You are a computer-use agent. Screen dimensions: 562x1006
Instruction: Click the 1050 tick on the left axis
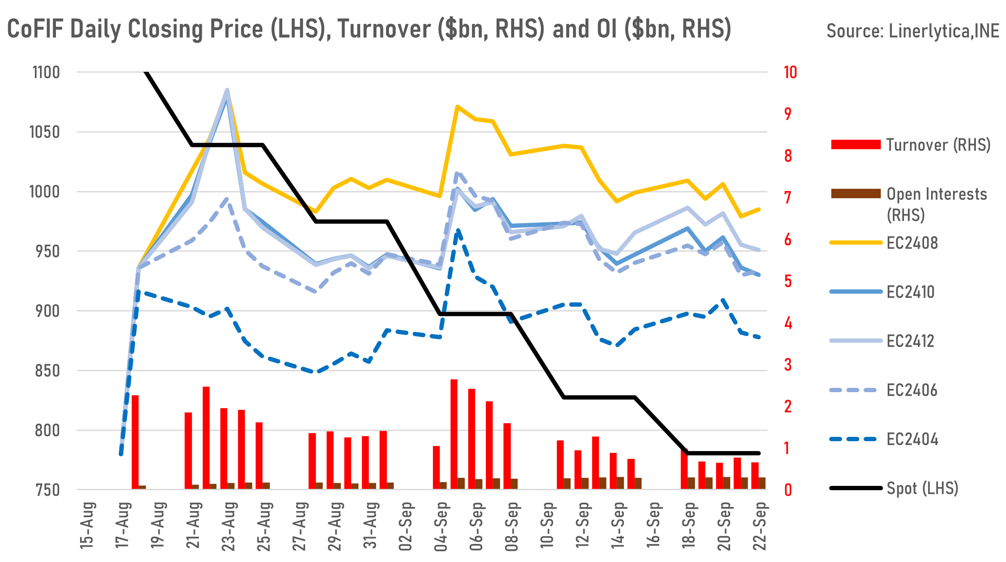[x=44, y=132]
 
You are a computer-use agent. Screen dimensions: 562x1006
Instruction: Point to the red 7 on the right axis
[x=788, y=198]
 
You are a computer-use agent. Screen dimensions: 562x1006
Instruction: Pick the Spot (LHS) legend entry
[x=922, y=488]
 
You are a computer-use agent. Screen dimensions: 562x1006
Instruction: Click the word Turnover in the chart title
[x=384, y=29]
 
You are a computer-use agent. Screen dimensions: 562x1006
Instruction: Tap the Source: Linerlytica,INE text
[x=913, y=31]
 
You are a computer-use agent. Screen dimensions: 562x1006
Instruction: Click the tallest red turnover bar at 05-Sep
[x=454, y=434]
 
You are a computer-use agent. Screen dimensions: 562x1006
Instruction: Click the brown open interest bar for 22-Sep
[x=762, y=483]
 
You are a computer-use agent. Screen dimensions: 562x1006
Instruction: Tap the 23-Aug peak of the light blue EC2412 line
[x=227, y=90]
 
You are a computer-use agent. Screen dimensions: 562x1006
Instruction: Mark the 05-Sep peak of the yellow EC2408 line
[x=457, y=106]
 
